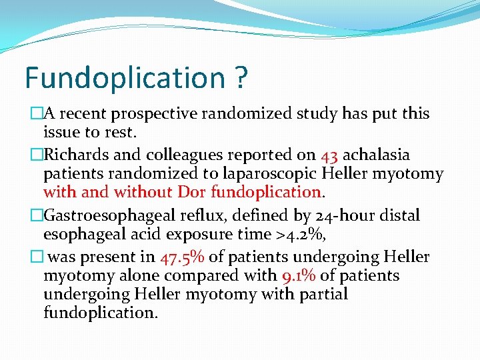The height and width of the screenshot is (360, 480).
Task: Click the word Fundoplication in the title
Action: pos(125,79)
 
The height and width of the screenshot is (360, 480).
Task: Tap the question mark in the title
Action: pos(241,79)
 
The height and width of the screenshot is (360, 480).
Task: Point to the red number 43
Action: pos(329,155)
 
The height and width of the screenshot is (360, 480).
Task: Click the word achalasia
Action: pos(377,155)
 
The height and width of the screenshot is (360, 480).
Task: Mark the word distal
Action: pos(399,216)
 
